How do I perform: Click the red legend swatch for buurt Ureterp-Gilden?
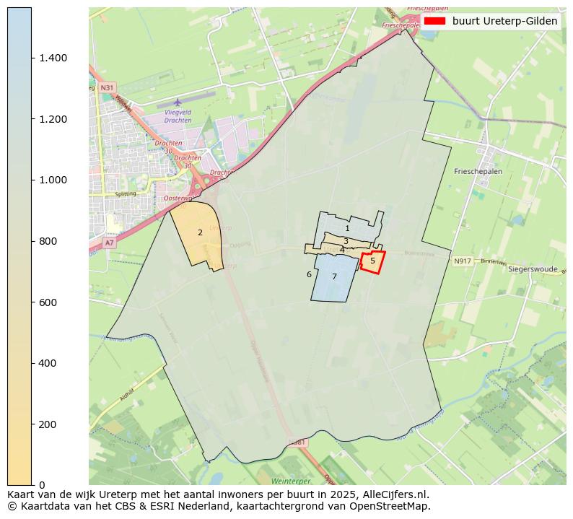tap(434, 22)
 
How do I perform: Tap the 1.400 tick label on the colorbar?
tap(53, 58)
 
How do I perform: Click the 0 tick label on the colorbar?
tap(43, 484)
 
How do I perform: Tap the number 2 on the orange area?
tap(200, 232)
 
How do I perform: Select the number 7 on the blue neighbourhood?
tap(334, 276)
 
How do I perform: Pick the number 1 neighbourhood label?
tap(347, 228)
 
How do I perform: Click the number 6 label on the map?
tap(309, 274)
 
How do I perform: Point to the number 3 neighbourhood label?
tap(346, 241)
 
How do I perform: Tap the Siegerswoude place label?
tap(533, 269)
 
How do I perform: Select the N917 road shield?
tap(463, 261)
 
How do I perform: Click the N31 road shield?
tap(107, 87)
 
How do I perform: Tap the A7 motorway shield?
tap(109, 243)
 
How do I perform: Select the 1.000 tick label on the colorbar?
tap(53, 180)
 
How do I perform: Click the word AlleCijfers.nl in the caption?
tap(393, 495)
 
